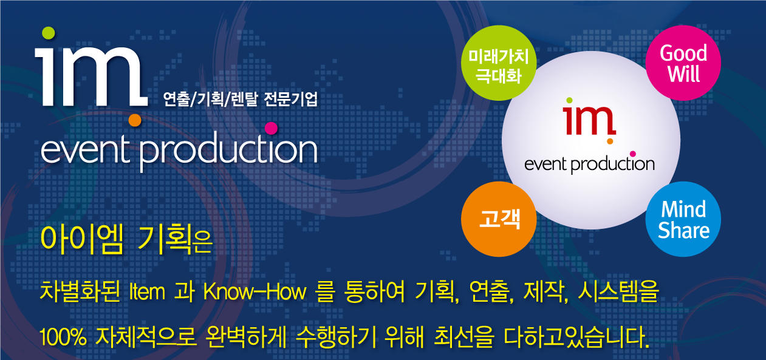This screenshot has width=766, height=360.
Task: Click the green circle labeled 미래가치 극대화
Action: (x=499, y=63)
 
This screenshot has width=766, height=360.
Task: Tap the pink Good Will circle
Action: (x=683, y=63)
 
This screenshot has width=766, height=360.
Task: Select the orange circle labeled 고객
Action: (x=499, y=219)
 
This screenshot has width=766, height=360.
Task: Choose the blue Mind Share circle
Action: (x=683, y=219)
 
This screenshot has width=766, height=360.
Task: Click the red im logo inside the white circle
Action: (x=589, y=120)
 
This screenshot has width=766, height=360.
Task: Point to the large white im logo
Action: (x=91, y=76)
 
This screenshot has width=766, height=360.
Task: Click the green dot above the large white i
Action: (x=48, y=33)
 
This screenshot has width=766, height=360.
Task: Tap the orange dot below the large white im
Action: (x=135, y=120)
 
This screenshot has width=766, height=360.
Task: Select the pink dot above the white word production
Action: (x=271, y=128)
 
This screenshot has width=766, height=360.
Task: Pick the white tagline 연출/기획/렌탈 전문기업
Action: (x=241, y=99)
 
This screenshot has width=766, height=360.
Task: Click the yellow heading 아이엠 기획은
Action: (x=126, y=239)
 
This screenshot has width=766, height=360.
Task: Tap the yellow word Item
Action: (x=148, y=292)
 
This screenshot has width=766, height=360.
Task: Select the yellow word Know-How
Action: (x=255, y=292)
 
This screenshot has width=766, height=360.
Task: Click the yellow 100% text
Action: (x=63, y=337)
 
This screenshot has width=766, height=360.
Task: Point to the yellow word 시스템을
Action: (x=618, y=291)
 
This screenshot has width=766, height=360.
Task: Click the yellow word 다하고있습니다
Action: (x=576, y=337)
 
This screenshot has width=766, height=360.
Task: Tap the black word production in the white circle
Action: (x=613, y=165)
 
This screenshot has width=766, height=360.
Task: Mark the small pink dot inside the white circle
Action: (x=632, y=154)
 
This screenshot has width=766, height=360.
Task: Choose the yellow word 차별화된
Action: (x=80, y=291)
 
